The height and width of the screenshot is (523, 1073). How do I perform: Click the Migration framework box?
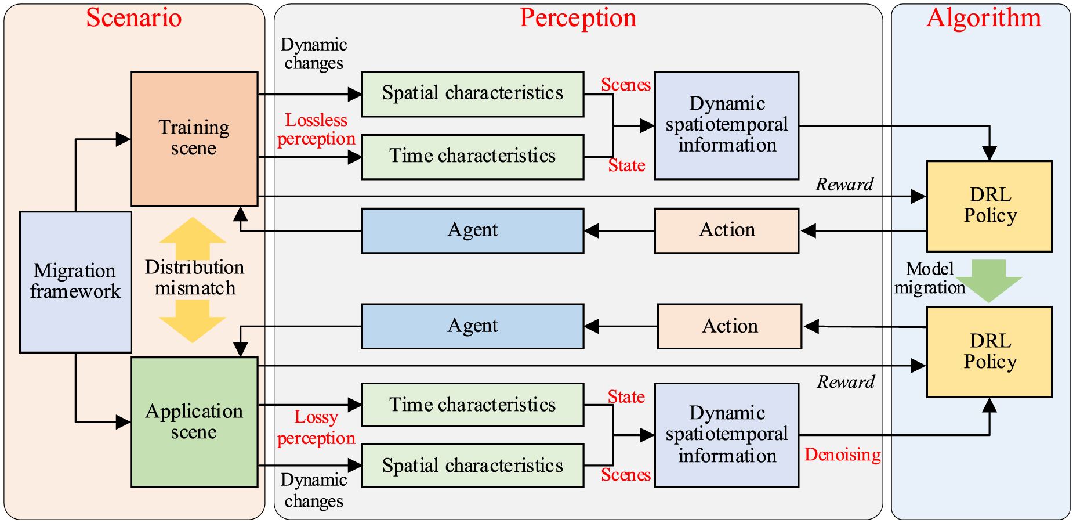pyautogui.click(x=75, y=282)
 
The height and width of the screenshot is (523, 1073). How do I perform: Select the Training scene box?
pyautogui.click(x=194, y=138)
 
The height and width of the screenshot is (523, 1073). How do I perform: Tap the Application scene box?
pyautogui.click(x=194, y=421)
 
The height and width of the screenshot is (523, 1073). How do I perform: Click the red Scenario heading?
pyautogui.click(x=134, y=17)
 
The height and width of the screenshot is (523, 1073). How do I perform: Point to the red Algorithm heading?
pyautogui.click(x=984, y=17)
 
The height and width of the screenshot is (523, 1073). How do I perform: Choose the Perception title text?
pyautogui.click(x=578, y=17)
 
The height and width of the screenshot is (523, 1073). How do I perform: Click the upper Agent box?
pyautogui.click(x=472, y=230)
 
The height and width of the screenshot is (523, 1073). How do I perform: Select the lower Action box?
pyautogui.click(x=729, y=326)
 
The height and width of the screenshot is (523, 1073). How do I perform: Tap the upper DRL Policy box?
pyautogui.click(x=989, y=206)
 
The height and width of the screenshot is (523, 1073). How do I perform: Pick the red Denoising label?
pyautogui.click(x=842, y=455)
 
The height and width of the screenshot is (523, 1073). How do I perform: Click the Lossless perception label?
pyautogui.click(x=316, y=129)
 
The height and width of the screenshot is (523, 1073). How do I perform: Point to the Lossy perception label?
pyautogui.click(x=316, y=428)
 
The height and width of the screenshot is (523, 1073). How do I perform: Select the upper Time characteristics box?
pyautogui.click(x=472, y=156)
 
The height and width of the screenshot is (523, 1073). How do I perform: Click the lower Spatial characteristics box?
pyautogui.click(x=472, y=466)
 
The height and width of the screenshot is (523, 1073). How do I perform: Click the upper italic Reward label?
pyautogui.click(x=844, y=185)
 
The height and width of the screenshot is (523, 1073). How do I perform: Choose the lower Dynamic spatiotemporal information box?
pyautogui.click(x=726, y=434)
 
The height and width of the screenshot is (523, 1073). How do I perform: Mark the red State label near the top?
pyautogui.click(x=626, y=165)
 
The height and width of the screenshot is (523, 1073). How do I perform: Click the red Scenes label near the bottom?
pyautogui.click(x=625, y=475)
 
